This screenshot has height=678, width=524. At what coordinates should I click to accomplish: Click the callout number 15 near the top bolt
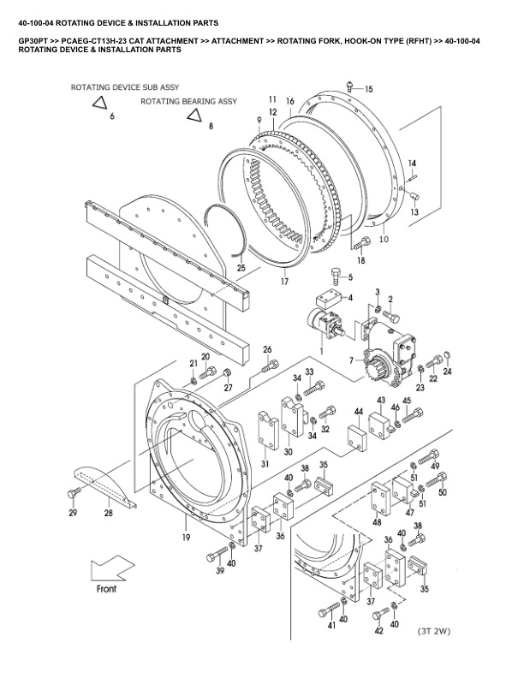369,89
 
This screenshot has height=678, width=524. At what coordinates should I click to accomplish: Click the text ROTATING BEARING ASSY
188,101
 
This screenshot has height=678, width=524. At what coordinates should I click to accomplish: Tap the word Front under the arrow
105,590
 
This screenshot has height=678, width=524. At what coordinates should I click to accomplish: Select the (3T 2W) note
434,632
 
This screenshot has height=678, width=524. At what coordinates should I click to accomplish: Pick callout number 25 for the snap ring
241,268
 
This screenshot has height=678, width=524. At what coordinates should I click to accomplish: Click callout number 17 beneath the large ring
283,280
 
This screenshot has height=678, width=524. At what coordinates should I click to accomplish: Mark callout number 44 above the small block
359,412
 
